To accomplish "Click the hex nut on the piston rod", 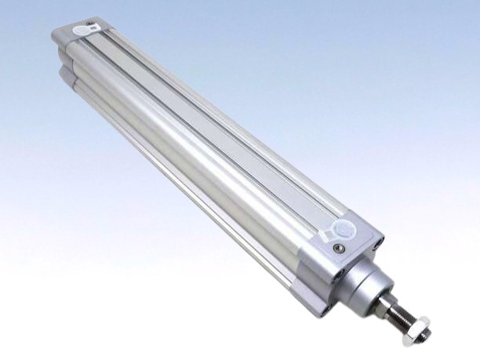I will pyautogui.click(x=421, y=328).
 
